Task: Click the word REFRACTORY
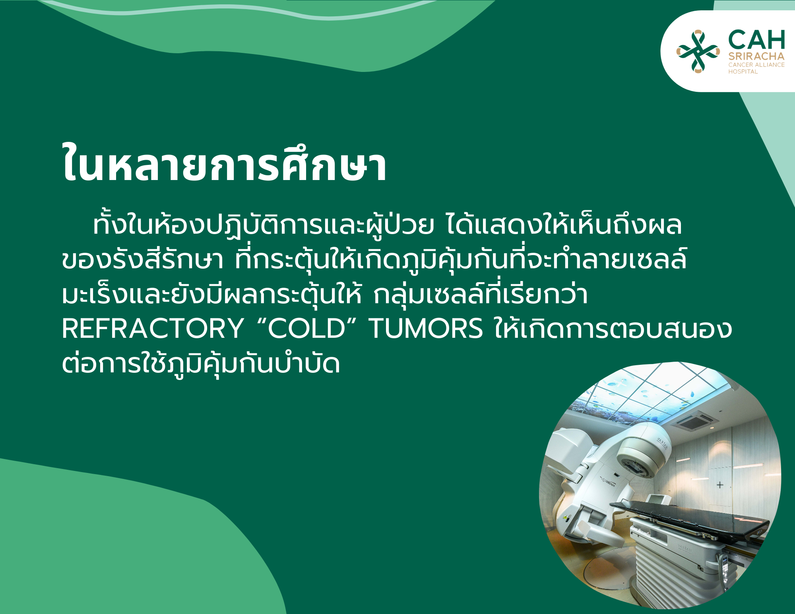(153, 329)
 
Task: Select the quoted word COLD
(306, 329)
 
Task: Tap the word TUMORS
(426, 329)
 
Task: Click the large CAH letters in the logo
(757, 40)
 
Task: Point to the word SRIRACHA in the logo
(756, 56)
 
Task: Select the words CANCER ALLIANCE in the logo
(756, 65)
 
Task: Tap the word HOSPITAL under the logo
(743, 72)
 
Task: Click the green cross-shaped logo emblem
(698, 51)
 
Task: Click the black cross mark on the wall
(720, 485)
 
